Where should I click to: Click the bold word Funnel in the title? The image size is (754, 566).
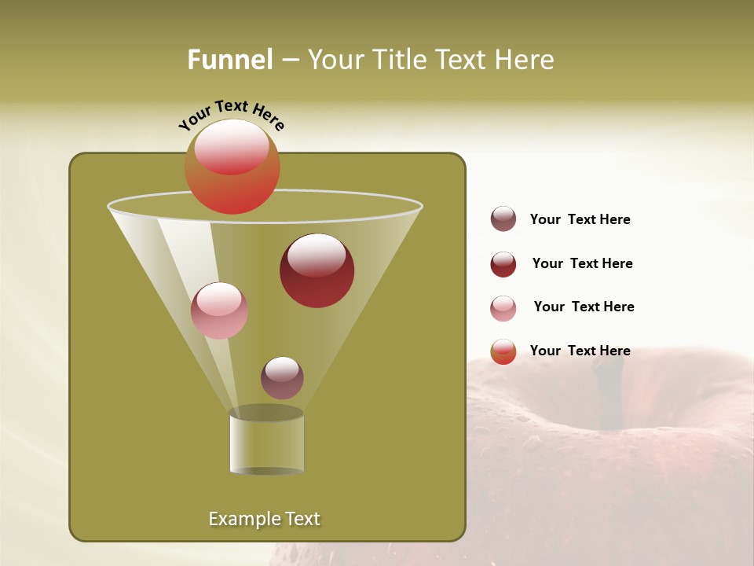pos(229,60)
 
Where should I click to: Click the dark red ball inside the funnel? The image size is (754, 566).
pos(317,270)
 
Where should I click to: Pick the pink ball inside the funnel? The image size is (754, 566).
pos(219,311)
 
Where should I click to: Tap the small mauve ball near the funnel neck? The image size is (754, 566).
pos(282,377)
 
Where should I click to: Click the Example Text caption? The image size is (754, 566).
pos(264,519)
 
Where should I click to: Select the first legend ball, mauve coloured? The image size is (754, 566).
pos(503,219)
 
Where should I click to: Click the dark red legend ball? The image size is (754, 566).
pos(503,264)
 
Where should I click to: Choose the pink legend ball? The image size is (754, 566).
pos(503,308)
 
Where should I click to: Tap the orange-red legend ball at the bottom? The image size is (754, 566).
pos(503,351)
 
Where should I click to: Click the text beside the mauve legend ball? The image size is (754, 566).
pos(580,220)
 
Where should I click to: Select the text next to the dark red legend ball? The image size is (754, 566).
pos(582,264)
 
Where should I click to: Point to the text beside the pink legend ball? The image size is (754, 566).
pos(584,307)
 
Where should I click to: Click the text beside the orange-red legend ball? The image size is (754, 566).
pos(580,351)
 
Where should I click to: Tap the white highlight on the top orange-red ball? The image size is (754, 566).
pos(231,145)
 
